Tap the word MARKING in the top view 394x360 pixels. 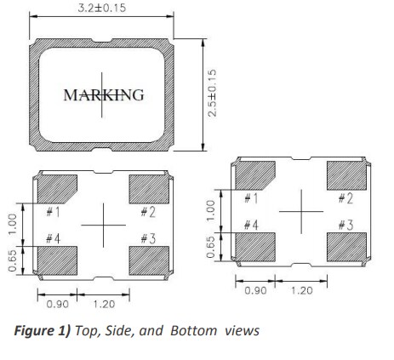click(104, 94)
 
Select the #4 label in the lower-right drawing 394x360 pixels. click(251, 225)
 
